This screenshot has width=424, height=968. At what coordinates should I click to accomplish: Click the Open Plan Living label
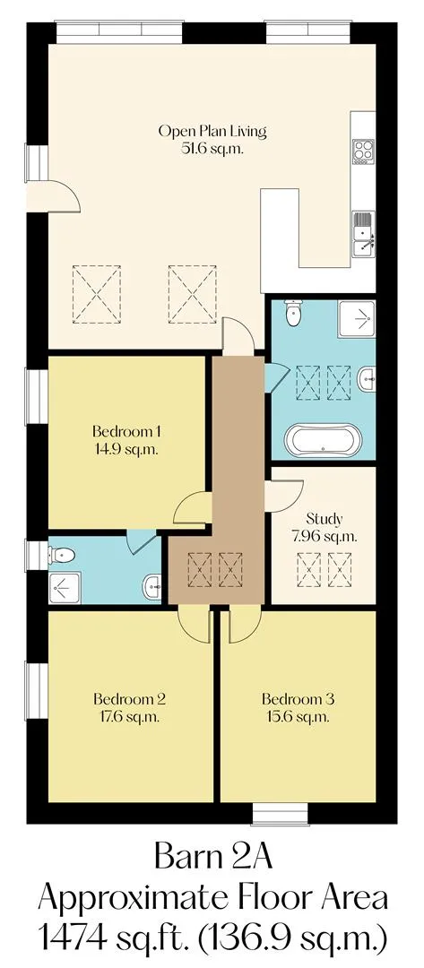(x=212, y=132)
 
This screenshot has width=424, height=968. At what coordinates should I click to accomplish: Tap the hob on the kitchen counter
(x=363, y=151)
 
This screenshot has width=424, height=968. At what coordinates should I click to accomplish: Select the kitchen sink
(x=363, y=232)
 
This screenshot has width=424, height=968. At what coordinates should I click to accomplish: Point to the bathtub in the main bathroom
(x=321, y=439)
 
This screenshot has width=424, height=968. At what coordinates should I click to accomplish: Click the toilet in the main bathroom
(x=293, y=312)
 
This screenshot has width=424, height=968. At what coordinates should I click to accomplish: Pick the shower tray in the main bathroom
(x=356, y=318)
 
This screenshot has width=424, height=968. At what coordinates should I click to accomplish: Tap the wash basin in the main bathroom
(x=367, y=379)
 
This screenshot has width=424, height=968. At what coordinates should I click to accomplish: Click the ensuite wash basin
(x=151, y=586)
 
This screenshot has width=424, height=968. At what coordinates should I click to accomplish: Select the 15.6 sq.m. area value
(x=299, y=717)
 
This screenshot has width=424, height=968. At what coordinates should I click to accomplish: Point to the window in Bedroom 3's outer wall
(x=281, y=814)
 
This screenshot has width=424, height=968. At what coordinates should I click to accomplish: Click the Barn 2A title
(x=212, y=857)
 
